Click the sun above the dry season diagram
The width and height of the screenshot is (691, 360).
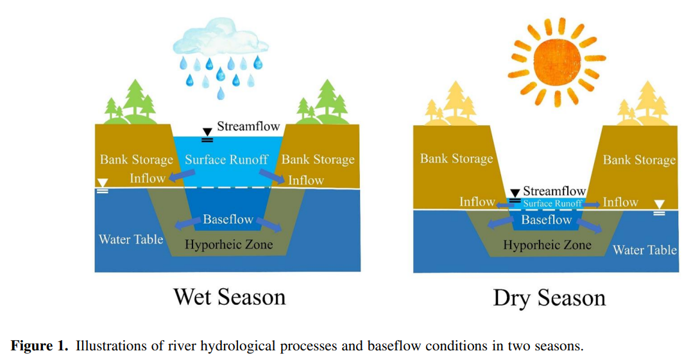point(557,61)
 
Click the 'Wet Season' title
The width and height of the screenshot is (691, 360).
point(230,297)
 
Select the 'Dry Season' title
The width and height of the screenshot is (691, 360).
point(549,298)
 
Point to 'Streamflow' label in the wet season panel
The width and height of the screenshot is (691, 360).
point(248,126)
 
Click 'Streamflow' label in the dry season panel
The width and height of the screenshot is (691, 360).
point(554,191)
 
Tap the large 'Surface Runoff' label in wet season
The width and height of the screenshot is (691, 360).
point(226,160)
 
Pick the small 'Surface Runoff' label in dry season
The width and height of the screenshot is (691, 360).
point(552,203)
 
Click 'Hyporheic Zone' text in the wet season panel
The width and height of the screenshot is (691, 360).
point(228,244)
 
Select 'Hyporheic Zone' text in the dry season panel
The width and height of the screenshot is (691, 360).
point(547,245)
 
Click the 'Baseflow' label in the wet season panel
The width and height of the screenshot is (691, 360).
point(228,219)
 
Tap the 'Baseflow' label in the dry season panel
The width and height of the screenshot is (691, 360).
point(547,220)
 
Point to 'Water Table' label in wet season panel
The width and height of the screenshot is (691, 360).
point(131,239)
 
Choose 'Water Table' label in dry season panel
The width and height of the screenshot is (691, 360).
point(645,250)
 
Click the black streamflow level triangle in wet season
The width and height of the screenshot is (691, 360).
point(207,132)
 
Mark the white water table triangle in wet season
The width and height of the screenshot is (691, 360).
point(102,183)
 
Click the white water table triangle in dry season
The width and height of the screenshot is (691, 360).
point(659,205)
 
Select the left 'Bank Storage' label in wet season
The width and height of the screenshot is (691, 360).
point(137,160)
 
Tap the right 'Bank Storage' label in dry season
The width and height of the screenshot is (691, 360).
point(639,160)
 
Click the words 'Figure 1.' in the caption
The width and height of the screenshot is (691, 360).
point(40,345)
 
